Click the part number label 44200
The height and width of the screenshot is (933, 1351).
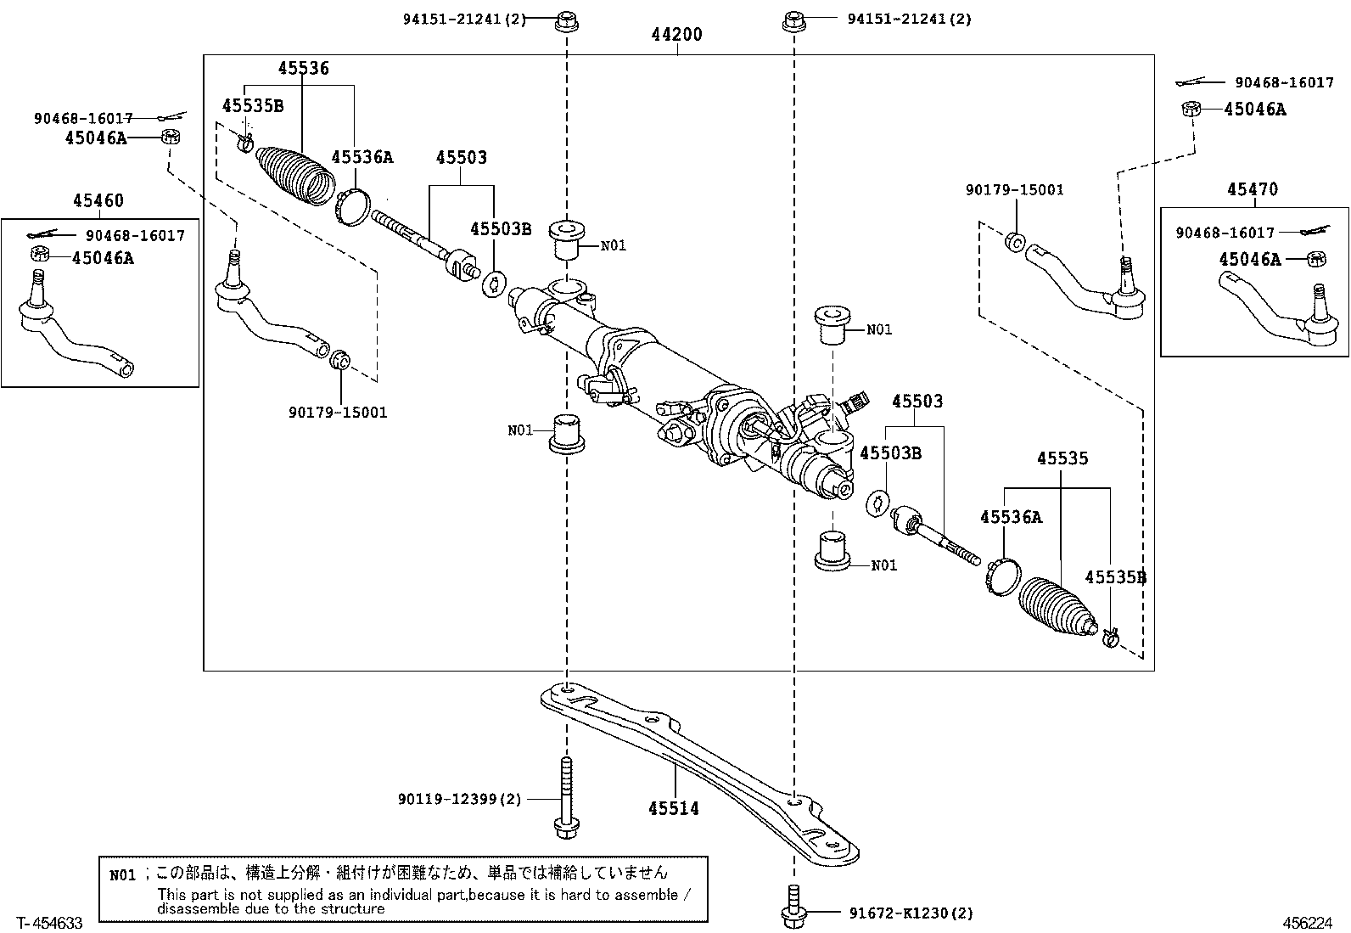(x=677, y=35)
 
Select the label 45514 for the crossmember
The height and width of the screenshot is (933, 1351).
(x=674, y=808)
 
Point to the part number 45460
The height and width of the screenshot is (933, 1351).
(x=98, y=201)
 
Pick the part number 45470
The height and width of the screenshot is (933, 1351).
(x=1252, y=189)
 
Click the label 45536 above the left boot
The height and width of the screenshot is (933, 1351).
(x=303, y=69)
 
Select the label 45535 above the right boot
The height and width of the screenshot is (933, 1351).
(x=1062, y=458)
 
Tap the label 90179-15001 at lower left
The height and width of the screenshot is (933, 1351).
(x=338, y=413)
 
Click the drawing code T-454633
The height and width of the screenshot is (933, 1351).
(x=42, y=923)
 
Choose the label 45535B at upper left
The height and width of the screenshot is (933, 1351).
(x=253, y=106)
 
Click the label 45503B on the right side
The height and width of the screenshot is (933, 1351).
(x=890, y=452)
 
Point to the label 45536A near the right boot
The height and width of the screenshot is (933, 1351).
(x=1011, y=517)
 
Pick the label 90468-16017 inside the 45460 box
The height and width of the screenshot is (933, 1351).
(x=135, y=235)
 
